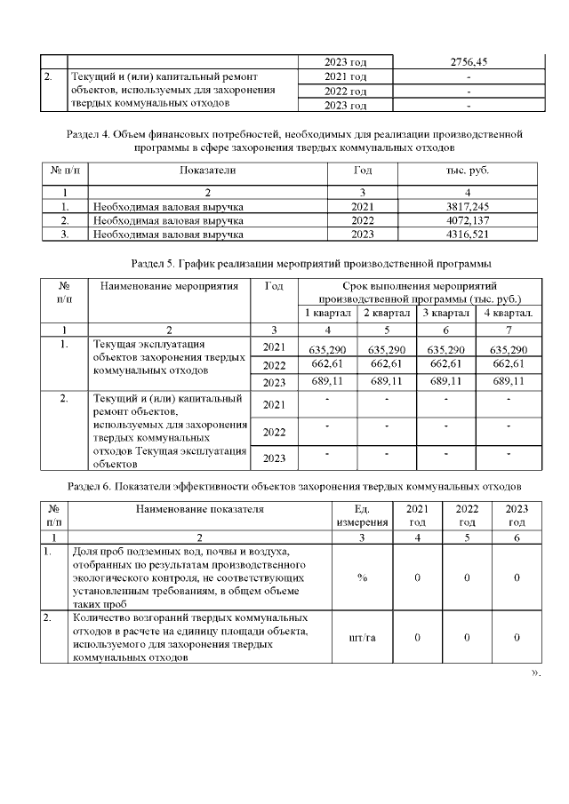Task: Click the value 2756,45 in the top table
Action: [x=468, y=62]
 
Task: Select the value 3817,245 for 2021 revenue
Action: [x=468, y=207]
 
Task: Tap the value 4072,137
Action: [x=468, y=220]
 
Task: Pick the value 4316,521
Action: [x=468, y=234]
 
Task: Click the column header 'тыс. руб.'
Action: [x=468, y=169]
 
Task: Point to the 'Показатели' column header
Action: [x=207, y=169]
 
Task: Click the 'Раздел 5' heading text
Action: [x=311, y=264]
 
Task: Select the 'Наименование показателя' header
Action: [x=200, y=509]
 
